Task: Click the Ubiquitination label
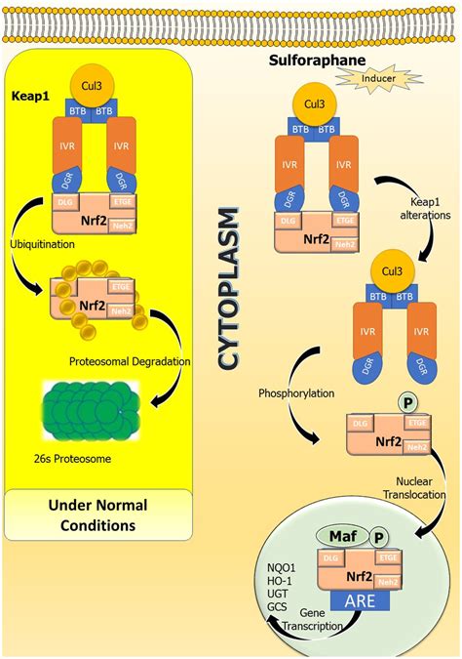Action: pos(44,242)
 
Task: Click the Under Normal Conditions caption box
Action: pos(94,515)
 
